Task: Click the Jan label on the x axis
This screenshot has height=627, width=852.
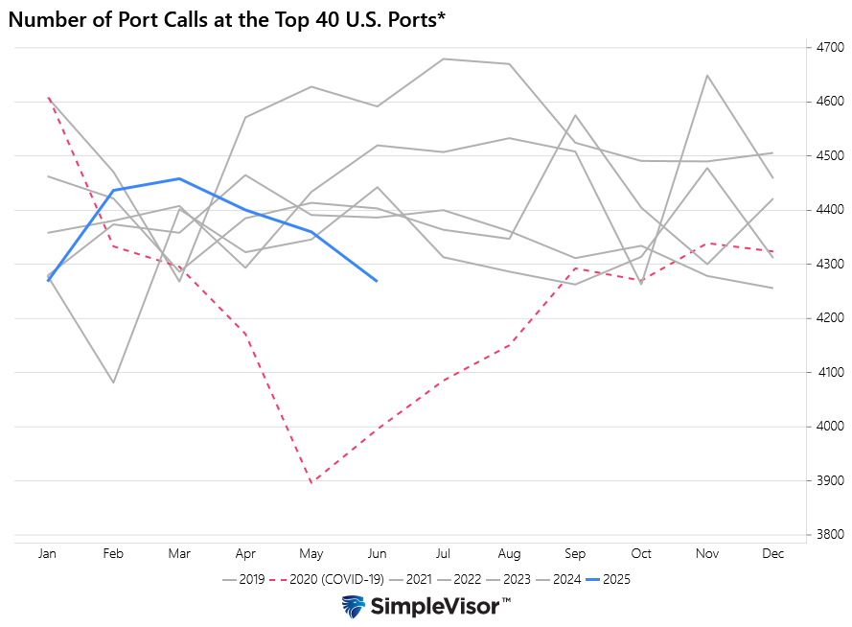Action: pos(47,554)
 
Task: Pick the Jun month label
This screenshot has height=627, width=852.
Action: pos(377,554)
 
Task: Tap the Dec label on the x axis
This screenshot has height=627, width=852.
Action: pos(772,554)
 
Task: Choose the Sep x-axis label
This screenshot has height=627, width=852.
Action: pos(575,554)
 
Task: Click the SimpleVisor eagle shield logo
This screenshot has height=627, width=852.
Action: pos(354,607)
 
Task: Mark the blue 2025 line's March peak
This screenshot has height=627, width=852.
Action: pos(179,178)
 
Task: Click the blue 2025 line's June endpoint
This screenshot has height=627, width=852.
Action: pos(377,281)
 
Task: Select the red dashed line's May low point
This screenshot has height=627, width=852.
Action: pos(311,482)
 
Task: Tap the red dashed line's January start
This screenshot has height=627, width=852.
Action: pos(48,97)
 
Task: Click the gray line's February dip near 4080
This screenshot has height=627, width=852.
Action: pos(113,383)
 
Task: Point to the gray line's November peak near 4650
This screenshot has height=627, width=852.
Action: pos(707,75)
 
